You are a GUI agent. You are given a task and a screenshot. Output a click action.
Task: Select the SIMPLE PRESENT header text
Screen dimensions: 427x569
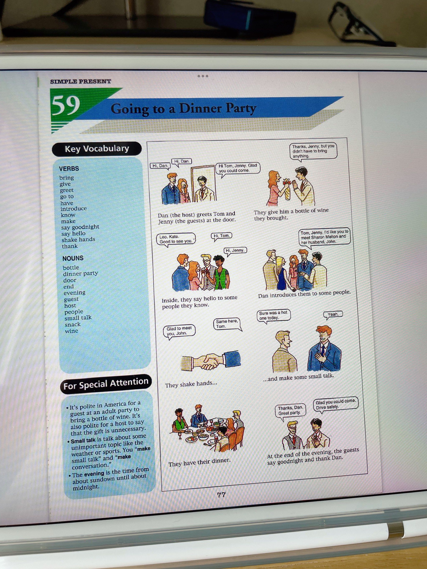(x=80, y=81)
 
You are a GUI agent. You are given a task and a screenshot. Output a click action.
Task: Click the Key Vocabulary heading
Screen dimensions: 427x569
(x=97, y=149)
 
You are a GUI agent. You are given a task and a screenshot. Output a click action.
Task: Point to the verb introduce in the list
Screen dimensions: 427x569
(x=74, y=209)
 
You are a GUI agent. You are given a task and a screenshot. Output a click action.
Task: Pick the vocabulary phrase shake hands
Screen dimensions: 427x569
(x=78, y=240)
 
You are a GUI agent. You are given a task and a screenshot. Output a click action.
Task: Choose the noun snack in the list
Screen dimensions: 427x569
(x=73, y=324)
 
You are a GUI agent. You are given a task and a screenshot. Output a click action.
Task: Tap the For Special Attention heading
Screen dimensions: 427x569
(x=106, y=384)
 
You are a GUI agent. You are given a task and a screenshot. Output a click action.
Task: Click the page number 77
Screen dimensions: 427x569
(x=221, y=495)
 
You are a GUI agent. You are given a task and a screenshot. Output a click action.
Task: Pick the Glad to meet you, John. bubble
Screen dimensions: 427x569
(x=179, y=331)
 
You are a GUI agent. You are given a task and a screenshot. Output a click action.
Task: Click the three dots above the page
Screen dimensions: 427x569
(x=203, y=76)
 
